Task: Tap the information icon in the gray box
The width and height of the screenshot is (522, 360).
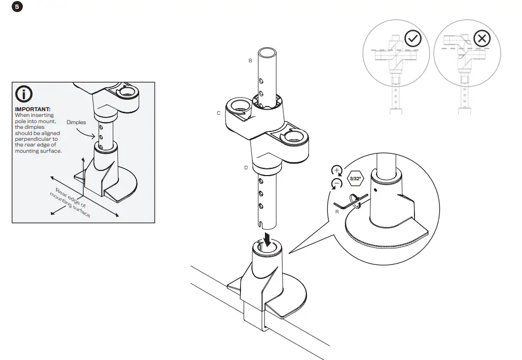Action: pyautogui.click(x=24, y=94)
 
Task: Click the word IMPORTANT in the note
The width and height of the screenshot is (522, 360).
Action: pyautogui.click(x=32, y=109)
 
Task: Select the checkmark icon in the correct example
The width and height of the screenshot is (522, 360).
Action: pyautogui.click(x=413, y=39)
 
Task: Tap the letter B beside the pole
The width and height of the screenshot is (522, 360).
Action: pyautogui.click(x=250, y=61)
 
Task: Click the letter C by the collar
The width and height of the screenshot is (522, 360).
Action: pyautogui.click(x=219, y=113)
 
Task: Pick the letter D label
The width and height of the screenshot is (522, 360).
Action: pyautogui.click(x=246, y=168)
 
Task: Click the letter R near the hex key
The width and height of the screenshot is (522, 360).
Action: pyautogui.click(x=337, y=211)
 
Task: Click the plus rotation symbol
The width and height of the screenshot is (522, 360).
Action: pyautogui.click(x=337, y=170)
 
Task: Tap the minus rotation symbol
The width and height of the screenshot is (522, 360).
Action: pyautogui.click(x=337, y=183)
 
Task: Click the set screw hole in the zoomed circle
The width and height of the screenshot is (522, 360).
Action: pyautogui.click(x=374, y=191)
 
